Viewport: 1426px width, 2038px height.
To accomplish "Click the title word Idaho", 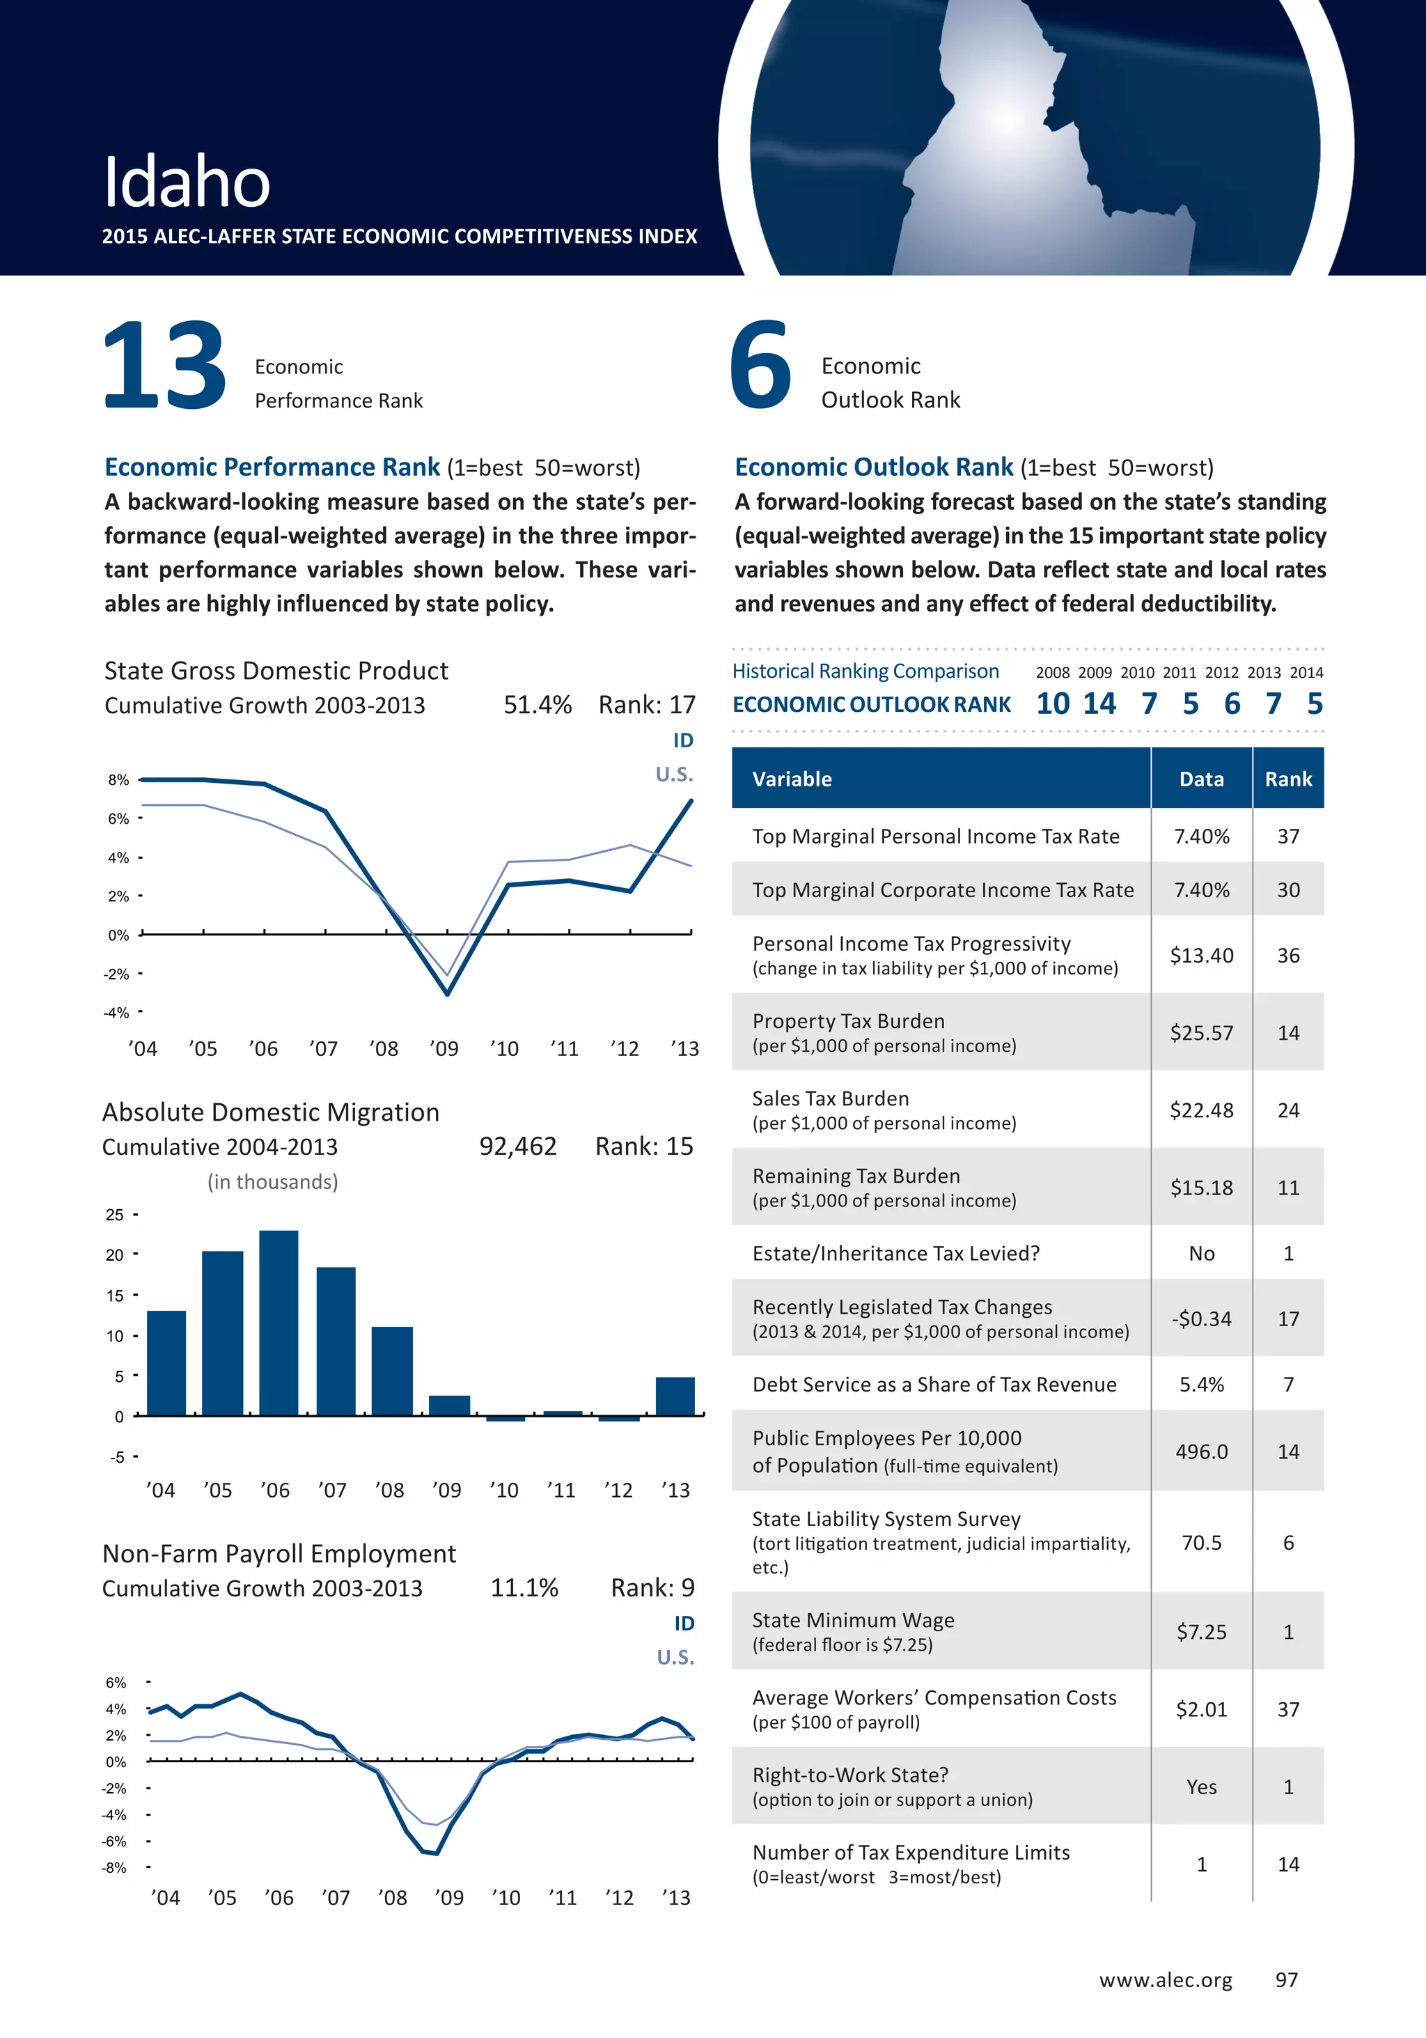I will (x=187, y=182).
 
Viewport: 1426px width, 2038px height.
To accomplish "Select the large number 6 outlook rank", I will (x=760, y=366).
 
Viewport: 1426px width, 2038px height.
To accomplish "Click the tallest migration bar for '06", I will (x=279, y=1323).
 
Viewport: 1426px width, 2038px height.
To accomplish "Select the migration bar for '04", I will (x=166, y=1362).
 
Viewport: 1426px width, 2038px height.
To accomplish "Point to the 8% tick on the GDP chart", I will (x=118, y=780).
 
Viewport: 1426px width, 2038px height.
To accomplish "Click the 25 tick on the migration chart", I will (x=114, y=1214).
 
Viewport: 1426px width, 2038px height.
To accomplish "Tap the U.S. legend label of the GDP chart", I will (x=675, y=774).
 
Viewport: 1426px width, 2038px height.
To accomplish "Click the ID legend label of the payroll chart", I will (x=684, y=1623).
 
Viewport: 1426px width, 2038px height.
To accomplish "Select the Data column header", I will (x=1202, y=779).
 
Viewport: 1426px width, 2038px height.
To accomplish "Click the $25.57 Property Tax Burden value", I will (x=1202, y=1032).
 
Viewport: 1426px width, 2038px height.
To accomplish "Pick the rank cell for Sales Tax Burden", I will (x=1288, y=1110).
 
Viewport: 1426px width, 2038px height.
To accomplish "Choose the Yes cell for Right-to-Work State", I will (x=1202, y=1787).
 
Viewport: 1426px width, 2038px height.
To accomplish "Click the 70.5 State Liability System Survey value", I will (x=1202, y=1543).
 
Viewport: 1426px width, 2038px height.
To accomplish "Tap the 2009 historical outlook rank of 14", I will (x=1099, y=704).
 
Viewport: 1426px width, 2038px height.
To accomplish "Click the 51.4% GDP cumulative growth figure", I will (x=538, y=705).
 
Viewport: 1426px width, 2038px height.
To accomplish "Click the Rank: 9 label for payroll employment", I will (x=652, y=1587).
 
